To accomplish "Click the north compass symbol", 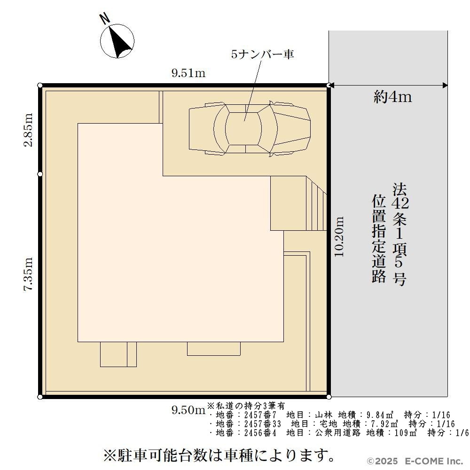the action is pos(117,41).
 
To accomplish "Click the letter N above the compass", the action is pos(105,19).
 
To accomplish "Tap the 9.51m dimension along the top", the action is pos(188,73).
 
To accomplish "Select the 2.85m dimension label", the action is pos(29,130).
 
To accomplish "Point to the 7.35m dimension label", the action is pos(29,274).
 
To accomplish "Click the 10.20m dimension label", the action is pos(339,236).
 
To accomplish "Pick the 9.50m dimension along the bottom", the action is pos(188,410).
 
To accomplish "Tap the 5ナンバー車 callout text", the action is pos(263,54).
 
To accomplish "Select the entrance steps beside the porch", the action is pos(316,203).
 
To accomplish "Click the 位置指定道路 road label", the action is pos(378,239).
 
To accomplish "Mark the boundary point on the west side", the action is pos(40,174).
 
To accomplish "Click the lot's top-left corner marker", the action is pos(40,86).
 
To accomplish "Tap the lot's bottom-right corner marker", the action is pos(329,397).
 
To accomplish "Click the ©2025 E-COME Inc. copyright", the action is pos(415,461).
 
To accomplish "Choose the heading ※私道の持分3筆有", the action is pos(246,406).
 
